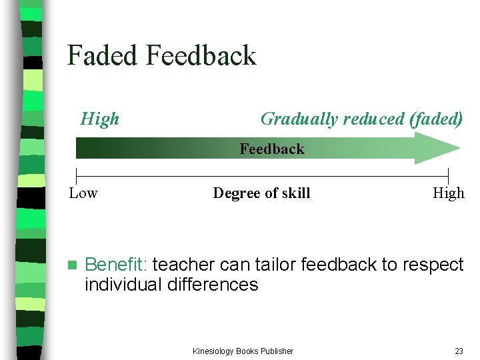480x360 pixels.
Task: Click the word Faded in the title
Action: click(x=102, y=55)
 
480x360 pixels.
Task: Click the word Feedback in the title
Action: click(x=201, y=55)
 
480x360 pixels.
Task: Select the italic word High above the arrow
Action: click(x=99, y=119)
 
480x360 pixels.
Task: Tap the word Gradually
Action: click(x=299, y=119)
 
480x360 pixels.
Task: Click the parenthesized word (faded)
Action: click(x=437, y=119)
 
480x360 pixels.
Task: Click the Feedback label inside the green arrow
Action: click(x=271, y=149)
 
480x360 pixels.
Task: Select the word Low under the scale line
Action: click(x=83, y=193)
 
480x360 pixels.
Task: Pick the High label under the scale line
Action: click(x=448, y=193)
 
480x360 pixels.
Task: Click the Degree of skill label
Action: click(x=261, y=193)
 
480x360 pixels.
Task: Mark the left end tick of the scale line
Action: click(x=77, y=177)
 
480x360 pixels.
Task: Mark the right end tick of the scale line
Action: click(x=448, y=177)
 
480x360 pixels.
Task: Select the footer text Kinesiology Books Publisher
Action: click(x=243, y=351)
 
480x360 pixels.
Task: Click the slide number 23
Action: click(x=459, y=351)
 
